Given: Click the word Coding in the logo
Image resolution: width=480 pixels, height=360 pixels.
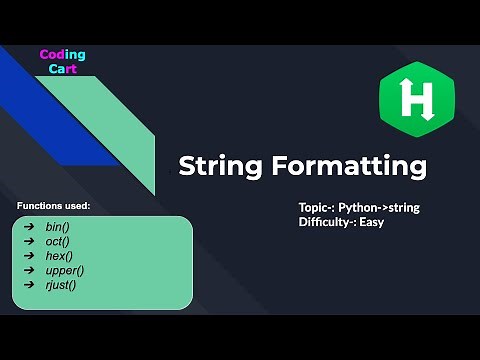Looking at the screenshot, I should [x=62, y=54].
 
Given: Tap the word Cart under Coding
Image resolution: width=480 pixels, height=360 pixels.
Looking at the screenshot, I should [x=62, y=71].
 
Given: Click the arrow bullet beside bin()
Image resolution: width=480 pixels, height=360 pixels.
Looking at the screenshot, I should [x=27, y=227].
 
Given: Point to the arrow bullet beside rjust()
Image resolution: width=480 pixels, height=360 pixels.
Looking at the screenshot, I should [x=27, y=284].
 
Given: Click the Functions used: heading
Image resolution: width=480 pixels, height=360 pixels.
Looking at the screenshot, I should [x=54, y=205].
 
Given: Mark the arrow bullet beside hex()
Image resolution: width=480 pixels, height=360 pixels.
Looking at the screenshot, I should [x=27, y=256].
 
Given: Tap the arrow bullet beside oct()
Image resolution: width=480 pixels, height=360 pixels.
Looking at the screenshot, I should [x=27, y=241].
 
